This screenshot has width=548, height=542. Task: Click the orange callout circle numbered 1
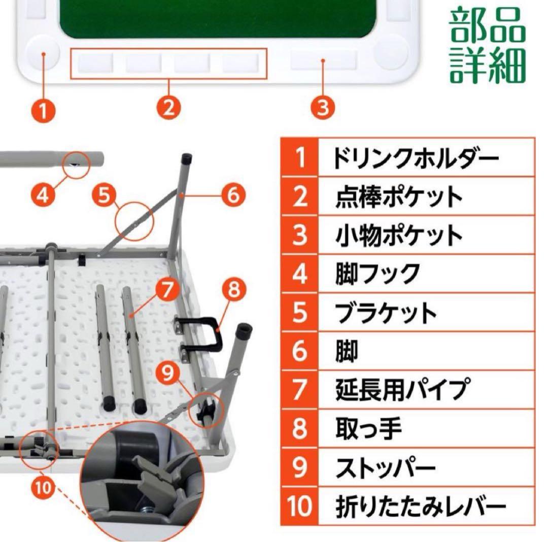coord(45,109)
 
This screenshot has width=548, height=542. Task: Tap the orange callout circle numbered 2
coord(169,108)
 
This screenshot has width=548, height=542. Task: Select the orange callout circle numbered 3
coord(323,108)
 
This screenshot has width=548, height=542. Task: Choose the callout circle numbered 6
coord(233,194)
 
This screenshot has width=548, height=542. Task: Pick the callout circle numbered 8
coord(233,290)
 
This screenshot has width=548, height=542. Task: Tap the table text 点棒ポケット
coord(399,196)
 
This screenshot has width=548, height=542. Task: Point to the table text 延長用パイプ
coord(400,390)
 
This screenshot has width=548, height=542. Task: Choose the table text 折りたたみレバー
coord(421,505)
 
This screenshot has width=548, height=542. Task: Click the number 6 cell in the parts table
coord(299,351)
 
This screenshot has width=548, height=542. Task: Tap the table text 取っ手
coord(368,428)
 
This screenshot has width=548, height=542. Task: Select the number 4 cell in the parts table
coord(299,274)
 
